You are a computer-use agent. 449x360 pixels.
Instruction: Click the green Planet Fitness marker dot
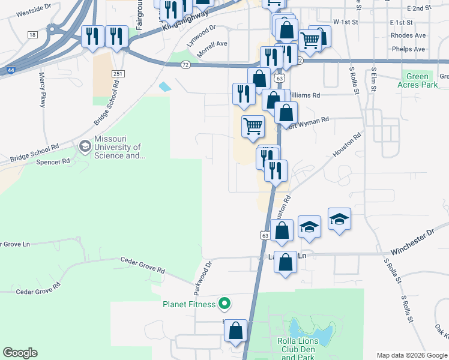click(224, 304)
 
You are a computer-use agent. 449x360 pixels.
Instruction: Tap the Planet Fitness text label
click(189, 304)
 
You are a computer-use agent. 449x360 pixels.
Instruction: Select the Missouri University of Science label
click(118, 151)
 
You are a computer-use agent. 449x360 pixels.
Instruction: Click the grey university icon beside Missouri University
click(85, 146)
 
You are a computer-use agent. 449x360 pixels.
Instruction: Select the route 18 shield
click(32, 35)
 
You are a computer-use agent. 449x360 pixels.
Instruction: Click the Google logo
click(20, 353)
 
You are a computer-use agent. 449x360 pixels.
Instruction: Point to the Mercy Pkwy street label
click(42, 90)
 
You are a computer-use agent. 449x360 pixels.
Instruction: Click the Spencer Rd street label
click(53, 162)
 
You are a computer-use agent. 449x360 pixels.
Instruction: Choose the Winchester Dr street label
click(412, 241)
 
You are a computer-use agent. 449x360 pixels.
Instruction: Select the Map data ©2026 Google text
click(412, 355)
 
